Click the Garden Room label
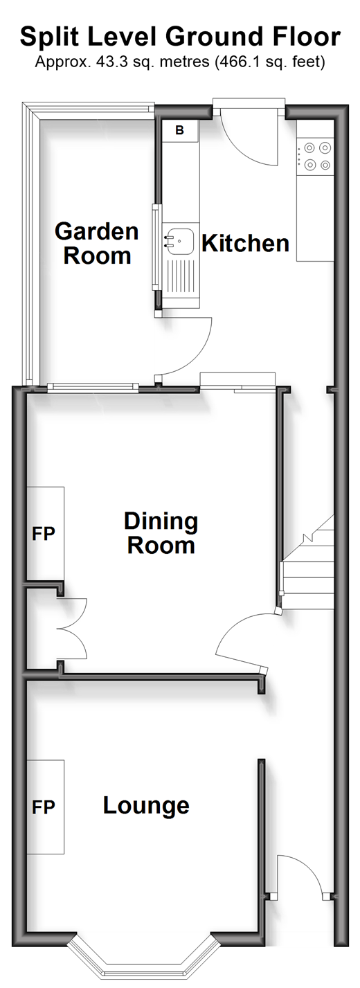(x=97, y=243)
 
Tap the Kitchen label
(x=245, y=243)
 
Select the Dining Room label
(x=161, y=533)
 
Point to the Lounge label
(x=146, y=805)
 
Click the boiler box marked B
(x=180, y=131)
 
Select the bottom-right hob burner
(x=325, y=165)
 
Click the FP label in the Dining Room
(x=43, y=533)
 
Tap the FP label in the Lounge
(x=43, y=807)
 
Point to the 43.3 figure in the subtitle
(x=105, y=62)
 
